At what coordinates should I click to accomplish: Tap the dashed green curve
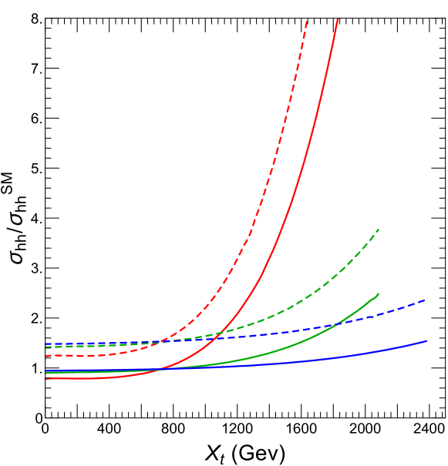[x=324, y=286]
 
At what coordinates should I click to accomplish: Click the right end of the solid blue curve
[x=426, y=340]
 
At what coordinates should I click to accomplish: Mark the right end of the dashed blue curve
[x=426, y=300]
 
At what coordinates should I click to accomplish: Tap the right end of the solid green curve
[x=378, y=294]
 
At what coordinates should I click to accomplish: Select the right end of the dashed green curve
[x=379, y=230]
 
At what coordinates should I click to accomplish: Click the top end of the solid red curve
[x=338, y=19]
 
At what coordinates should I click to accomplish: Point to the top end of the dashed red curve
[x=307, y=21]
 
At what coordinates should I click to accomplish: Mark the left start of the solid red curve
[x=46, y=379]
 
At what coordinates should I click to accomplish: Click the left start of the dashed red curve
[x=46, y=356]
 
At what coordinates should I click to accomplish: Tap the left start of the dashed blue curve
[x=46, y=344]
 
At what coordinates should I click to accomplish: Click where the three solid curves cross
[x=161, y=370]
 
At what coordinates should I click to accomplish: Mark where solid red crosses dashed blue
[x=219, y=336]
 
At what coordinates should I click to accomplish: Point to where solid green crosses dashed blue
[x=336, y=324]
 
